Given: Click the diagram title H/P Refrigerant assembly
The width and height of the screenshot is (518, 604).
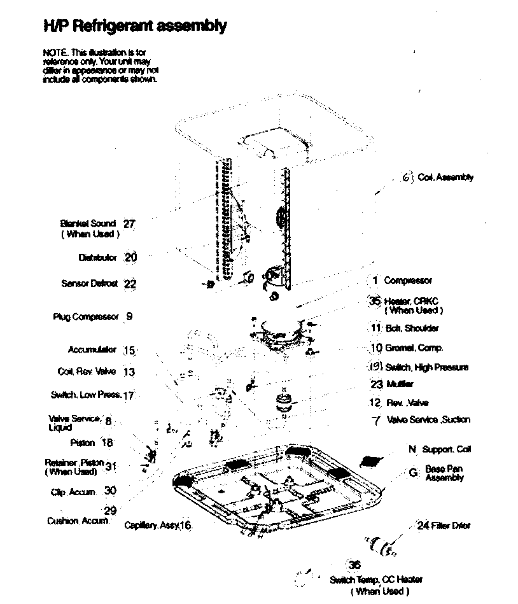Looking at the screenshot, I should tap(134, 26).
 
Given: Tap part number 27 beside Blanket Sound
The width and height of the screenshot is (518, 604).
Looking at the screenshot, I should tap(129, 224).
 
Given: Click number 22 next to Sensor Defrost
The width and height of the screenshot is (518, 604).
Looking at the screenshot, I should tap(130, 284).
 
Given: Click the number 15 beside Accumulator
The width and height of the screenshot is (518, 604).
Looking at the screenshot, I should tap(129, 351).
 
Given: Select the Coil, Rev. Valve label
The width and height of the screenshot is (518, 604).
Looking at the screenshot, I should tap(87, 372).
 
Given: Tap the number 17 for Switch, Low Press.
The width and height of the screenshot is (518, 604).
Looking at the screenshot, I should tap(129, 395).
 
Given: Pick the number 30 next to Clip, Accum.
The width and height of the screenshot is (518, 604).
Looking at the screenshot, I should tap(111, 491).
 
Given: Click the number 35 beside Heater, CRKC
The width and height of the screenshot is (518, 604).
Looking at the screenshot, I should tap(374, 301).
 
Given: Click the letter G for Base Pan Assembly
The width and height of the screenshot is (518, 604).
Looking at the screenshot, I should tap(413, 473).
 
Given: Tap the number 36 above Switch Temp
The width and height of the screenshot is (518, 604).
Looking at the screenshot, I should tap(354, 565).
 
